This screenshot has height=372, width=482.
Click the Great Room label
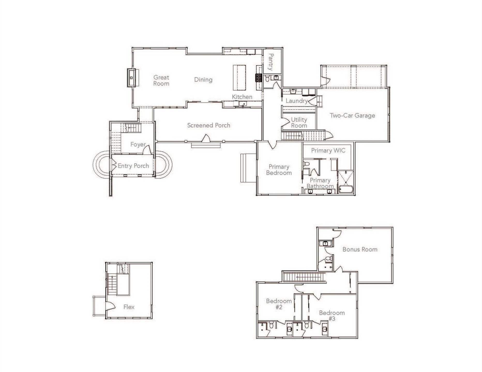(x=161, y=80)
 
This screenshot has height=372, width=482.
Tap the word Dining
(x=203, y=80)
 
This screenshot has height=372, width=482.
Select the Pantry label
(x=271, y=62)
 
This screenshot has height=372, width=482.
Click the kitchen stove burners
(x=259, y=78)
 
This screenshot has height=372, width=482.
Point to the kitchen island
(x=239, y=78)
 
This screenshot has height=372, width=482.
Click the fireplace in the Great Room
(x=132, y=78)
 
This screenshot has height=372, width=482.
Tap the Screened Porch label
(x=209, y=125)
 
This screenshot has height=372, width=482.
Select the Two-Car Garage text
(x=352, y=115)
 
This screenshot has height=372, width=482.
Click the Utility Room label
(x=299, y=123)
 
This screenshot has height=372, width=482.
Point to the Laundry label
(x=297, y=101)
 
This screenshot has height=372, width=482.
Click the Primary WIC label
(x=328, y=150)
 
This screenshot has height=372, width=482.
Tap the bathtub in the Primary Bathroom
(x=346, y=189)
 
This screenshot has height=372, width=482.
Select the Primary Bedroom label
(x=279, y=170)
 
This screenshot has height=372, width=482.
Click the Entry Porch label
(x=133, y=166)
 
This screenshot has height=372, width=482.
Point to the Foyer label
(x=138, y=144)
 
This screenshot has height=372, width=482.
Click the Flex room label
(x=129, y=307)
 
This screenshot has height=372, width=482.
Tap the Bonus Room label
(x=360, y=249)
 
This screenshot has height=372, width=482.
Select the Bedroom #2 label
(x=279, y=304)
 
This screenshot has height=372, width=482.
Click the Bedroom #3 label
(x=332, y=316)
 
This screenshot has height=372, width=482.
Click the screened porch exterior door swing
(x=206, y=138)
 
